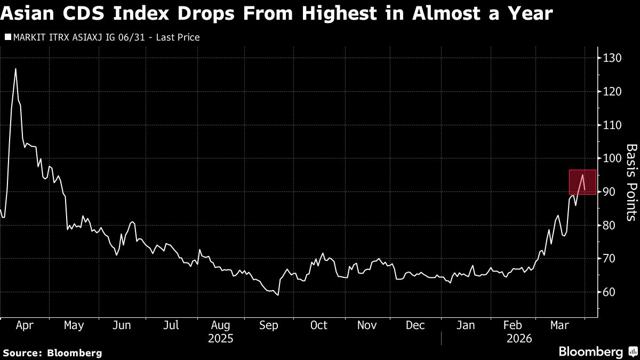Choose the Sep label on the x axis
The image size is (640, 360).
tap(268, 325)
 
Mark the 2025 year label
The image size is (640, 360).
tap(220, 338)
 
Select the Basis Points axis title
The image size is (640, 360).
tap(631, 182)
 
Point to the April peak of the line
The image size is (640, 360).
tap(15, 69)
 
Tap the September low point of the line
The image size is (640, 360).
tap(278, 295)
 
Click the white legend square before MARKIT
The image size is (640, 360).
tap(7, 37)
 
